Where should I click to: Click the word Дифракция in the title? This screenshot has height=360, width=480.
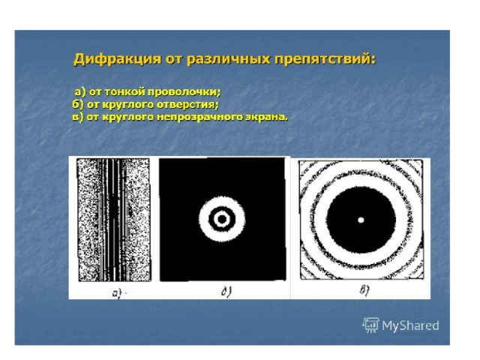click(x=117, y=59)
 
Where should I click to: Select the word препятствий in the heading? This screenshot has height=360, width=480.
click(x=325, y=59)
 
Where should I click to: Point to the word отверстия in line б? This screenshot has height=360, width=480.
click(x=188, y=105)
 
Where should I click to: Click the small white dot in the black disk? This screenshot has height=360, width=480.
click(x=361, y=220)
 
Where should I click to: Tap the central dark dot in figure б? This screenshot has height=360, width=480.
click(x=222, y=219)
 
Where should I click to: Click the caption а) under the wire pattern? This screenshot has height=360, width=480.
click(x=117, y=293)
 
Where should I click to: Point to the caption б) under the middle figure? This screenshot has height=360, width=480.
click(x=226, y=291)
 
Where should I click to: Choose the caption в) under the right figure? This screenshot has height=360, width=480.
click(x=364, y=290)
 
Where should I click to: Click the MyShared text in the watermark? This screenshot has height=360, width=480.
click(x=410, y=325)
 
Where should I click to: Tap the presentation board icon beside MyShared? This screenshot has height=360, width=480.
click(x=370, y=325)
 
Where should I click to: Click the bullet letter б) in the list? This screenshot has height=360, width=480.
click(x=78, y=105)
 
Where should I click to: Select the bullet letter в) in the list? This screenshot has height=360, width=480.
click(x=78, y=117)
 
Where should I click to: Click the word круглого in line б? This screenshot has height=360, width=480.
click(x=127, y=105)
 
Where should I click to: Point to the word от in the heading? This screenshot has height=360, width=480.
click(x=174, y=59)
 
